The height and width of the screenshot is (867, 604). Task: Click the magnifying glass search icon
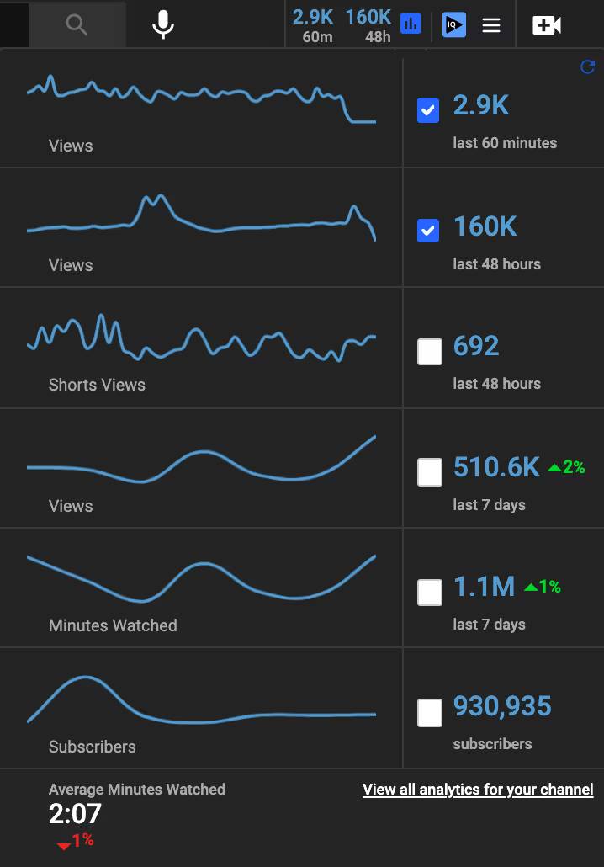point(77,25)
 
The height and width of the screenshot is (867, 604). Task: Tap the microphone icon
point(163,24)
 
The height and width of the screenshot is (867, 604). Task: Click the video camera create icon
point(547,25)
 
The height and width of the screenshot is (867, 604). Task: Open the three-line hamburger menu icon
point(491,25)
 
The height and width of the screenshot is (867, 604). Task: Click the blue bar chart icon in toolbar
point(411,24)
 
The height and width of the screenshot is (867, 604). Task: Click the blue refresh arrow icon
point(588,67)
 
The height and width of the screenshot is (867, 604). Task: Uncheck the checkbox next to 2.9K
point(428,110)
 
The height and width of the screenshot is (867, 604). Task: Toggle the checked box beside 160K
point(428,230)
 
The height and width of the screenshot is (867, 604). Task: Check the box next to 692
point(430,352)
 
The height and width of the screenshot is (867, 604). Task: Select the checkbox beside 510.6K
point(430,472)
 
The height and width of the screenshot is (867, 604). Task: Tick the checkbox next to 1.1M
point(430,593)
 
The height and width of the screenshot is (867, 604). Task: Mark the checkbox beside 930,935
point(430,713)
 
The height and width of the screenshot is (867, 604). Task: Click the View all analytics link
point(478,790)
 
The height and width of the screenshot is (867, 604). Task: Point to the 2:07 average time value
point(75,814)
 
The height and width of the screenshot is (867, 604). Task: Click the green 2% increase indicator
point(566,467)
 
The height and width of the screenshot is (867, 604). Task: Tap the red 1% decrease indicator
point(76,840)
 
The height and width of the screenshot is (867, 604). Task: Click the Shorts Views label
point(97,385)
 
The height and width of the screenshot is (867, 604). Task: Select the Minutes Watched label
point(113,625)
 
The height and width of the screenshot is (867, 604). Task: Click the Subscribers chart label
point(92,747)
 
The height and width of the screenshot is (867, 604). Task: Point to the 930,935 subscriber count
point(502,706)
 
